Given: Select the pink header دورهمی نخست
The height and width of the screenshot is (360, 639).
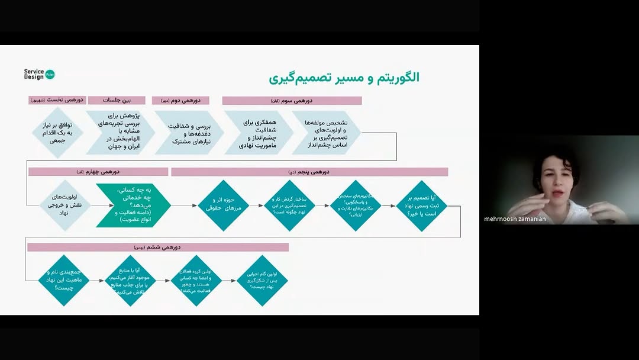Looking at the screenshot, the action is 57,101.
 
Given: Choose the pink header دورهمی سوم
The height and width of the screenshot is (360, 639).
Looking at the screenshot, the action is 292,101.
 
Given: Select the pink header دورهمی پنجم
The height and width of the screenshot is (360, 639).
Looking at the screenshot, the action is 309,172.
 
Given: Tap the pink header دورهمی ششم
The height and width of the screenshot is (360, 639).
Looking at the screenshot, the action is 158,247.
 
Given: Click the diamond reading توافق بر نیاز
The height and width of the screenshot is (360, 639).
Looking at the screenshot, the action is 58,133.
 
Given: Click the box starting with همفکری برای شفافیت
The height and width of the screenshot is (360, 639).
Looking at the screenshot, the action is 258,133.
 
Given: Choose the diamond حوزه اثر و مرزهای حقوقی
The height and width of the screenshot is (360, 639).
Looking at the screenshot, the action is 223,205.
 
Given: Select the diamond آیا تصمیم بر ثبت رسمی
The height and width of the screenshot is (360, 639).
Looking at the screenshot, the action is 421,205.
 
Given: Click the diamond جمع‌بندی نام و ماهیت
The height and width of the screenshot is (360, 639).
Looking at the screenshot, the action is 63,280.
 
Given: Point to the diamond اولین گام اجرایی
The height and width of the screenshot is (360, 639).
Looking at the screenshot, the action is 262,280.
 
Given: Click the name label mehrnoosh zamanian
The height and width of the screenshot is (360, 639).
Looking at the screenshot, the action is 515,219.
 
